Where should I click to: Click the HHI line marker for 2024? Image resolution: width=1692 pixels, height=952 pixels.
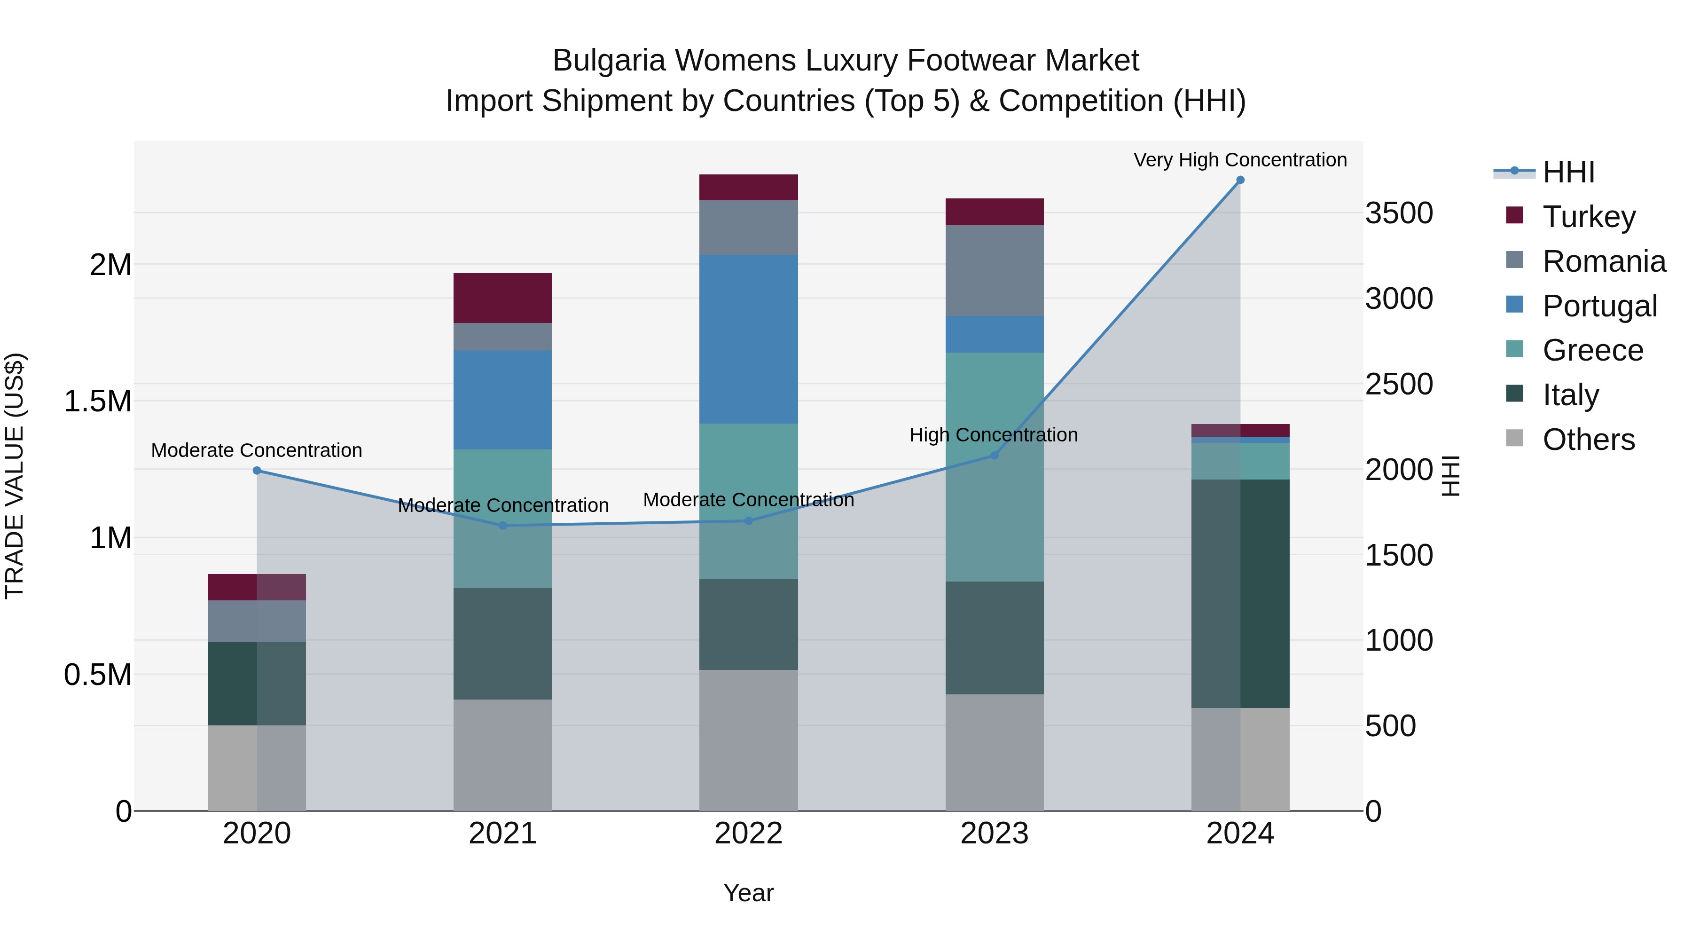1240,180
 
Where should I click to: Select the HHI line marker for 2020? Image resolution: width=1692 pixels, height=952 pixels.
257,471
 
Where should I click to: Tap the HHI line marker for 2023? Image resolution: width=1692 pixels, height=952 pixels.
995,455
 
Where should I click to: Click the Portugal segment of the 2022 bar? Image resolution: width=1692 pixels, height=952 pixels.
748,339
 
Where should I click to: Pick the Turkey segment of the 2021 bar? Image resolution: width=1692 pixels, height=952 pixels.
502,298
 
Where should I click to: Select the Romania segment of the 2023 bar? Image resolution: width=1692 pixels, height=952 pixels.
995,271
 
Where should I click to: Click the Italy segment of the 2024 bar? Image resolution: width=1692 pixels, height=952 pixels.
1240,593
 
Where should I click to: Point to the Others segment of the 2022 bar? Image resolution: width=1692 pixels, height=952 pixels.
748,740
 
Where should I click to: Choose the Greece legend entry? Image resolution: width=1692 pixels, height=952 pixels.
1592,350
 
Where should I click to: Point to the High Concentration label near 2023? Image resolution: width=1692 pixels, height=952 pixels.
993,435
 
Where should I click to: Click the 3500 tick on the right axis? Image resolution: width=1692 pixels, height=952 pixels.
1399,213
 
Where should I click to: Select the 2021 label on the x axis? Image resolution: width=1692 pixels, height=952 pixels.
502,834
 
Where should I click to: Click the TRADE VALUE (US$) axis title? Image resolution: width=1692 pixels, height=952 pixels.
15,476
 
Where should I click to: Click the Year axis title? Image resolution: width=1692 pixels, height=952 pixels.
748,893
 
